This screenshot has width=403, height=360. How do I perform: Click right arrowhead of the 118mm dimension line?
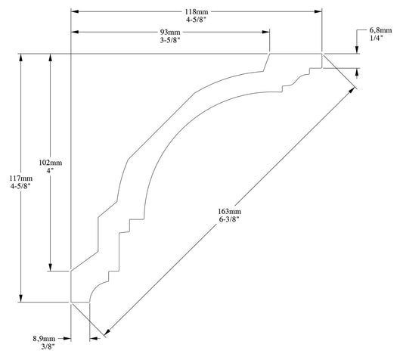318,11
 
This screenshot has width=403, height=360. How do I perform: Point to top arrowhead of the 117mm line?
21,57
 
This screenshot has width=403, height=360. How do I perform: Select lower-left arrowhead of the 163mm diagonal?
107,332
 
